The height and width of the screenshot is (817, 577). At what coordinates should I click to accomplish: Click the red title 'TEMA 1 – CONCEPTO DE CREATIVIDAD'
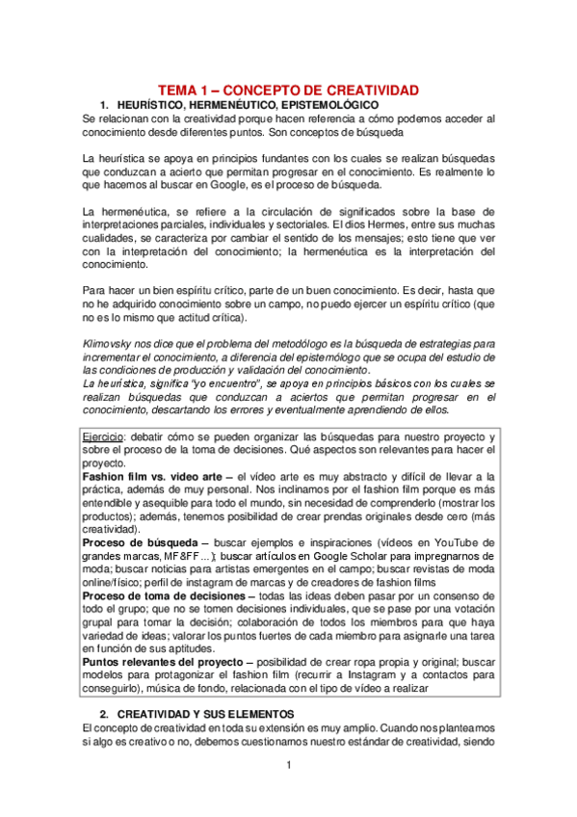(x=288, y=90)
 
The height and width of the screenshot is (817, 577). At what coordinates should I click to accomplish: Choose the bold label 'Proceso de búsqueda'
(x=140, y=542)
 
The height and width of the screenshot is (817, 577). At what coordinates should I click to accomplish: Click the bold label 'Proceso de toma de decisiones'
(x=164, y=595)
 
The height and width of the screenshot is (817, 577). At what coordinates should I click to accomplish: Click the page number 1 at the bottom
(x=289, y=767)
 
